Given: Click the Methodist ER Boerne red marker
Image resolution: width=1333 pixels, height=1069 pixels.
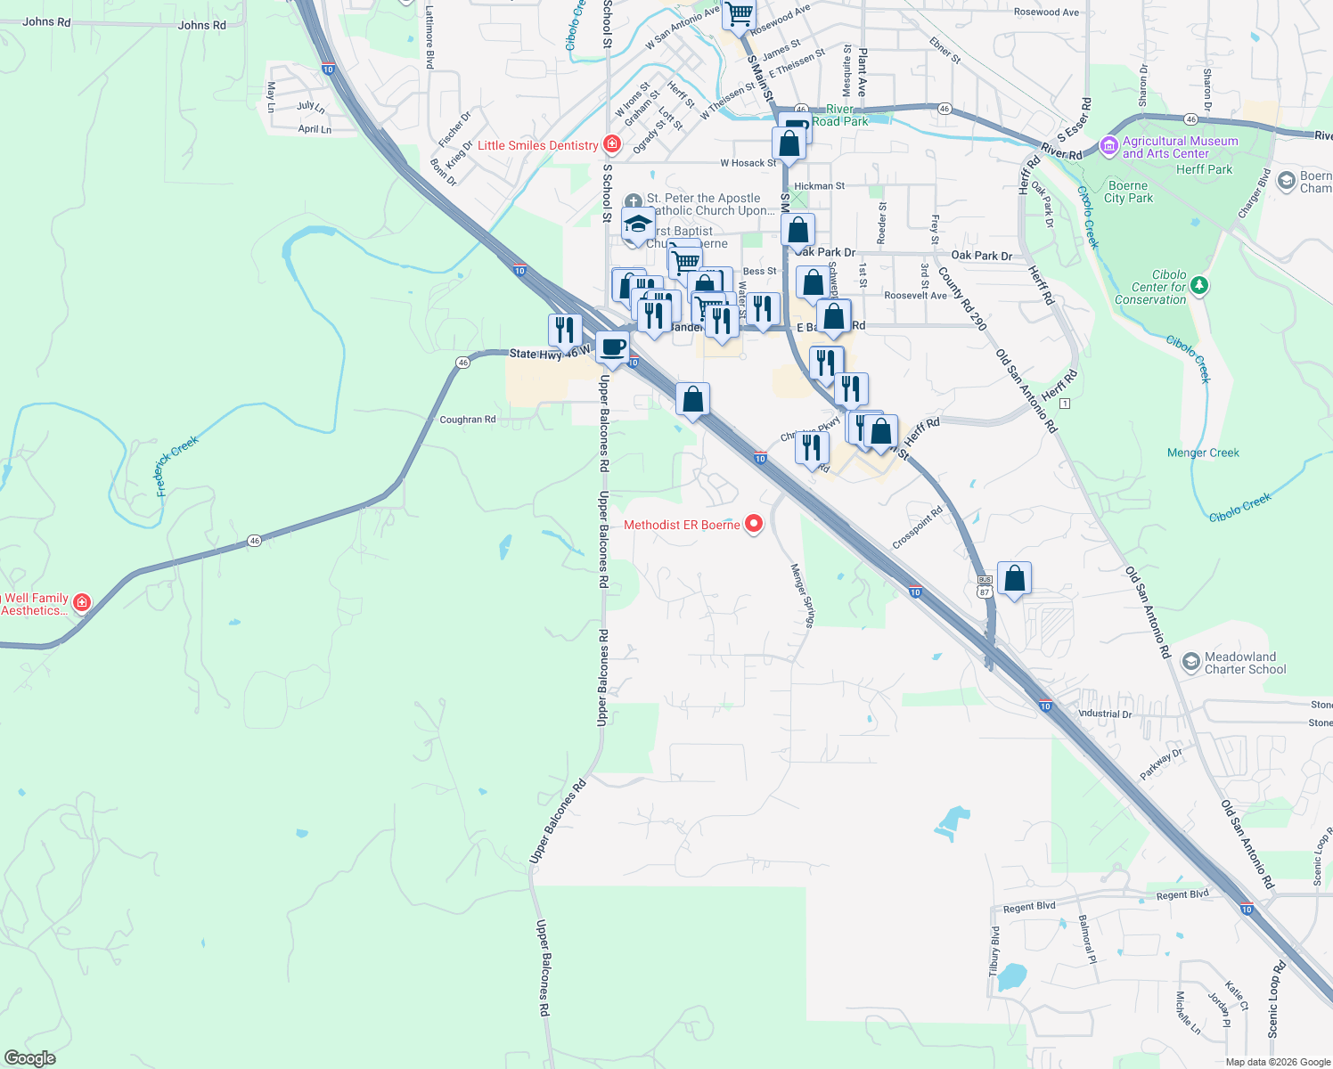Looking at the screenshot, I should pyautogui.click(x=754, y=524).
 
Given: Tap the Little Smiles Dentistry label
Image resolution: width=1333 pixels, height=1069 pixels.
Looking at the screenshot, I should pyautogui.click(x=538, y=145).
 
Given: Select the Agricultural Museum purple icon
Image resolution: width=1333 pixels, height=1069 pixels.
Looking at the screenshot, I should pyautogui.click(x=1109, y=146).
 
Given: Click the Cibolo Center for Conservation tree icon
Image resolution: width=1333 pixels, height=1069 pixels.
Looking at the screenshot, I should pyautogui.click(x=1199, y=285).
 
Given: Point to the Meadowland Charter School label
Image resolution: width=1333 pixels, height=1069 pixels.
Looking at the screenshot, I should pyautogui.click(x=1245, y=663).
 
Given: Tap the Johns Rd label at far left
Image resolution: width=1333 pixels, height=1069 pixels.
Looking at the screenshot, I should pyautogui.click(x=46, y=21).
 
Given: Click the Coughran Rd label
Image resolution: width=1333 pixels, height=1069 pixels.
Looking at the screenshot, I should pyautogui.click(x=468, y=420).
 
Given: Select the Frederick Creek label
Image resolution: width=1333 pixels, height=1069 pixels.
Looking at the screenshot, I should pyautogui.click(x=176, y=466).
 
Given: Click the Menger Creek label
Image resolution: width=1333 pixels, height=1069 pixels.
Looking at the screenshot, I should pyautogui.click(x=1203, y=453).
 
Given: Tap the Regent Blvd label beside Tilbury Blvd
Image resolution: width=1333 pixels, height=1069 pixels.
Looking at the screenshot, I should pyautogui.click(x=1029, y=907).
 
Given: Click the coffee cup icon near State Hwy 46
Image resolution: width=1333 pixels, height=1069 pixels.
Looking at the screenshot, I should pyautogui.click(x=612, y=347).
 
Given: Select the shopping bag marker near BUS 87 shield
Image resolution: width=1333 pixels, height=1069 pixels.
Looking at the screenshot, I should pyautogui.click(x=1014, y=579).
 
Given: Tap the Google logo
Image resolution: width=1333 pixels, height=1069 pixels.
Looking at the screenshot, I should pyautogui.click(x=29, y=1057).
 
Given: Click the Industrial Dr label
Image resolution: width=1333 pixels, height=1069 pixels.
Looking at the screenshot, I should pyautogui.click(x=1105, y=714).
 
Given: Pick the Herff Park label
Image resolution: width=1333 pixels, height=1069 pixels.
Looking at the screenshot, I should pyautogui.click(x=1204, y=169).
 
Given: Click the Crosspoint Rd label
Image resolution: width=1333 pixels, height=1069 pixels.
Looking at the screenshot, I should pyautogui.click(x=918, y=528).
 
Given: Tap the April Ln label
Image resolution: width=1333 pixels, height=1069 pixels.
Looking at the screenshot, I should pyautogui.click(x=315, y=129).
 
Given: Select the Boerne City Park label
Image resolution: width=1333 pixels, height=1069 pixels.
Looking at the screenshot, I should pyautogui.click(x=1128, y=192).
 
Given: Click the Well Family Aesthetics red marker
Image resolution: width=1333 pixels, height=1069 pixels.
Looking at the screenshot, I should pyautogui.click(x=82, y=603).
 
